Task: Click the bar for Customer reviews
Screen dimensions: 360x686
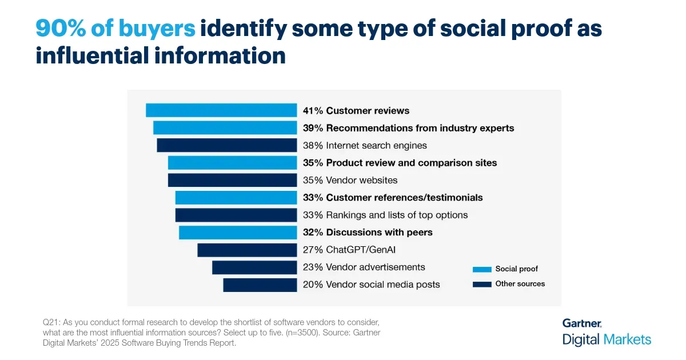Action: [221, 110]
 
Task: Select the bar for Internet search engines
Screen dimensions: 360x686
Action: [227, 145]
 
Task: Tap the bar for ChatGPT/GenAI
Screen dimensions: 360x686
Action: [247, 250]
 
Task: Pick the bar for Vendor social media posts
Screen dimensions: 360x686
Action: [260, 285]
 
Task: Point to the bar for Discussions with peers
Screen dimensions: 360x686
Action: [238, 232]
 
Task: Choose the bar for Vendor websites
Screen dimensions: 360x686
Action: [232, 180]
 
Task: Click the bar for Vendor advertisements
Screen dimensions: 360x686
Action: [254, 267]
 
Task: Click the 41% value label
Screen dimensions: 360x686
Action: [313, 111]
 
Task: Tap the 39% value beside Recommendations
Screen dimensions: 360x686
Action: [313, 128]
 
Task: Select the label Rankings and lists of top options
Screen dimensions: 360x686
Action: [397, 215]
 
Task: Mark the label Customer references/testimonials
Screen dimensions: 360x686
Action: [404, 198]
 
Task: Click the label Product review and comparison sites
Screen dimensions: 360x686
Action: [411, 163]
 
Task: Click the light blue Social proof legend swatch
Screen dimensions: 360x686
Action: [482, 269]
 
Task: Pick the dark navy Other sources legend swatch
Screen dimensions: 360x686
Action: [482, 284]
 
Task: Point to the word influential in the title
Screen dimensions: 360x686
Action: [89, 56]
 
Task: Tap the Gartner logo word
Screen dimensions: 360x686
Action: [581, 323]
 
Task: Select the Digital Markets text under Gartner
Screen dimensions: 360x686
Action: [607, 339]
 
